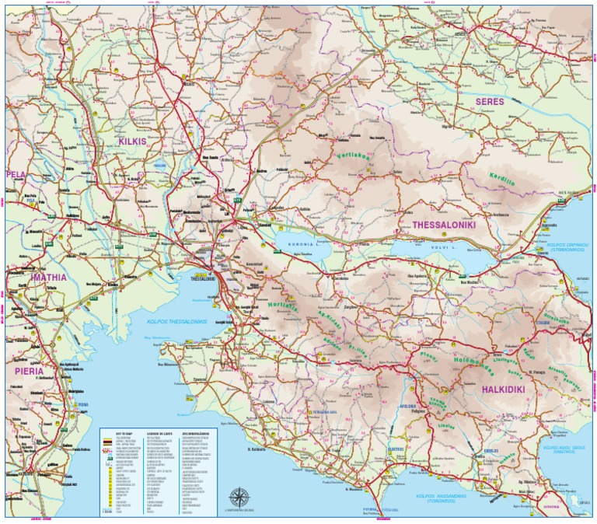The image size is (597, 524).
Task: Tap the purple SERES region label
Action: pos(490,101)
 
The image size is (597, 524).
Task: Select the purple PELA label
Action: pos(16,174)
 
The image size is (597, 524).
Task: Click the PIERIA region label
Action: pos(30,371)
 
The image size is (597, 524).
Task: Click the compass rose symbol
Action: pos(239,495)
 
